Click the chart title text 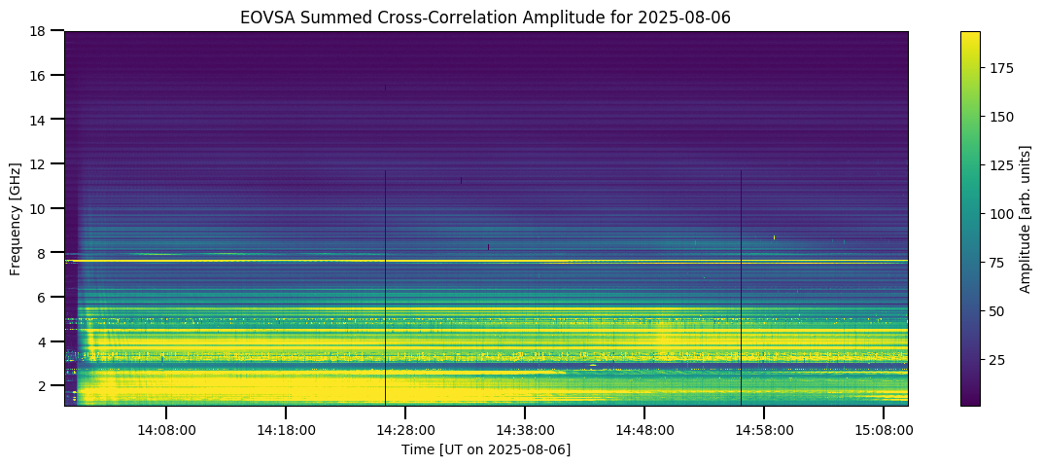pyautogui.click(x=486, y=17)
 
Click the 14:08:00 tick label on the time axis pyautogui.click(x=166, y=429)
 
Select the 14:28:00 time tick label pyautogui.click(x=405, y=429)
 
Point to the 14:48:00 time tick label pyautogui.click(x=644, y=429)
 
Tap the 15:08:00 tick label pyautogui.click(x=884, y=429)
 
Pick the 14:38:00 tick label pyautogui.click(x=525, y=429)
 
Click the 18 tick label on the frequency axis pyautogui.click(x=43, y=31)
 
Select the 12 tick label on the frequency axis pyautogui.click(x=43, y=164)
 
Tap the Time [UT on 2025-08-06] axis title pyautogui.click(x=486, y=448)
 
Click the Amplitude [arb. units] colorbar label pyautogui.click(x=1026, y=218)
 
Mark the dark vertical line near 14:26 pyautogui.click(x=386, y=292)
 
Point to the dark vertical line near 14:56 pyautogui.click(x=741, y=292)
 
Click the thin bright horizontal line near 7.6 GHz pyautogui.click(x=486, y=262)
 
